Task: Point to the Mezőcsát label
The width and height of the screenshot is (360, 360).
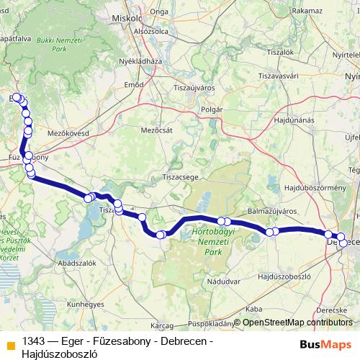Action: [154, 130]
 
